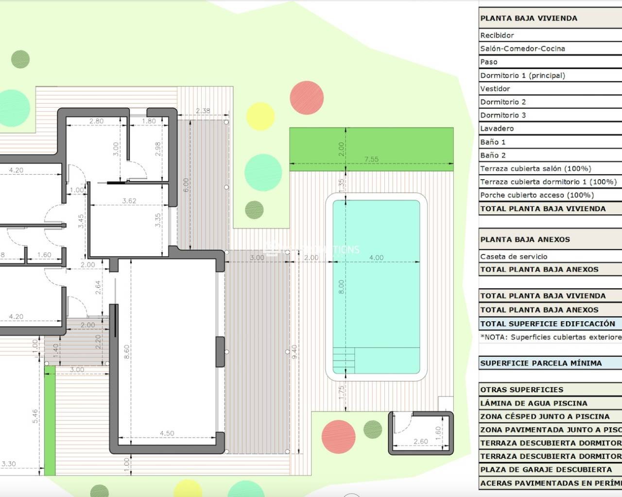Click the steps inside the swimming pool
[344, 360]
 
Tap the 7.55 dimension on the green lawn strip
[371, 159]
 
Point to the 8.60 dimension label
[126, 351]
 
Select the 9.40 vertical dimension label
[294, 351]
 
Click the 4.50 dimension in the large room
[167, 433]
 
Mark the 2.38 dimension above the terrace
[203, 111]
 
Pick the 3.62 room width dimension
[129, 200]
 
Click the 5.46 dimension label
[35, 416]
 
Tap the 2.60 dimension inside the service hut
[420, 441]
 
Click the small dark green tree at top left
[20, 59]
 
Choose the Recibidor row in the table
[497, 35]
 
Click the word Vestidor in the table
[495, 89]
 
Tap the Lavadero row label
[497, 129]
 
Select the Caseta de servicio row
[514, 257]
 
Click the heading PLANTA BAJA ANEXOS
[525, 239]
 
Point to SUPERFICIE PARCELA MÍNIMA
[541, 363]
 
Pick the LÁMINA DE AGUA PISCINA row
[534, 403]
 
